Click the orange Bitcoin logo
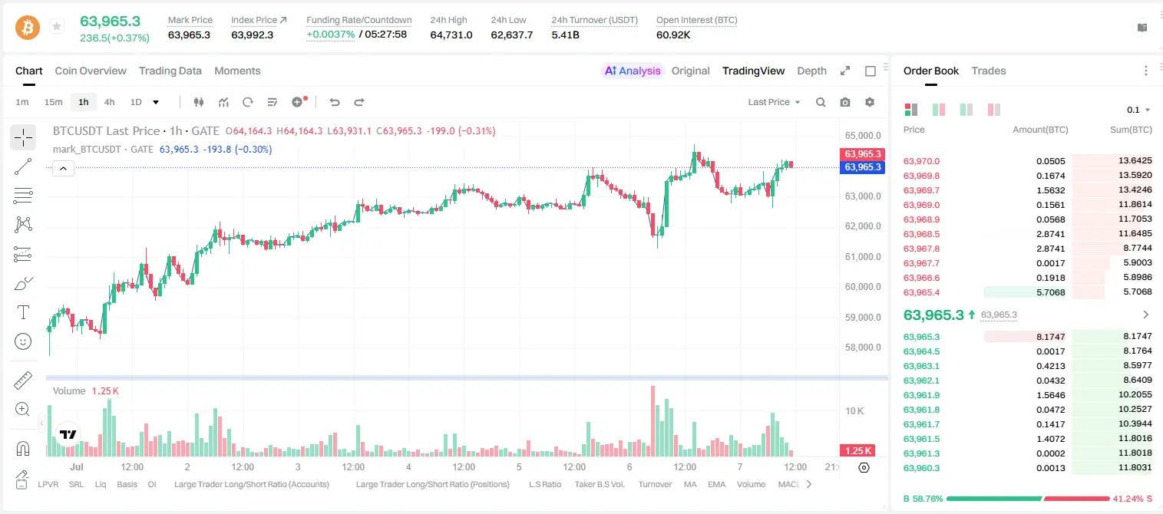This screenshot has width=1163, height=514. (28, 27)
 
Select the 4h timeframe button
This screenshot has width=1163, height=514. (109, 102)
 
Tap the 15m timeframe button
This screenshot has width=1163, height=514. (54, 102)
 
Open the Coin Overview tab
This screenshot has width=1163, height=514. (91, 71)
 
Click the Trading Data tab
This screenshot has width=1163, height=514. (170, 71)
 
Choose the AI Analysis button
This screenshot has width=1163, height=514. (633, 71)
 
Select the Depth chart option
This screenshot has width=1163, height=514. (811, 71)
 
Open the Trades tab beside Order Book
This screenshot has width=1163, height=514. (988, 71)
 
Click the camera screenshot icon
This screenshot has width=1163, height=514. (845, 102)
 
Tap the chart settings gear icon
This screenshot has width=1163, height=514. (870, 102)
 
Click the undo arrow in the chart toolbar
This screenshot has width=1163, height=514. (335, 102)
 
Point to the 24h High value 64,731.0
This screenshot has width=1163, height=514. (451, 35)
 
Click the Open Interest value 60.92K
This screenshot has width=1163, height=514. (673, 35)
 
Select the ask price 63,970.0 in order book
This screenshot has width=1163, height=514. (921, 161)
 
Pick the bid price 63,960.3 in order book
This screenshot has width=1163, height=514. (921, 468)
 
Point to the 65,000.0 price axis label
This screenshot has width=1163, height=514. (863, 135)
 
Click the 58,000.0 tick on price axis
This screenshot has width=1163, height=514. (863, 347)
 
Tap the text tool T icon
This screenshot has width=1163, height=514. (23, 312)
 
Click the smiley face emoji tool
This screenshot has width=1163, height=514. (23, 341)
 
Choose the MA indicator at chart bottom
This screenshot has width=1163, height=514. (690, 484)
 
